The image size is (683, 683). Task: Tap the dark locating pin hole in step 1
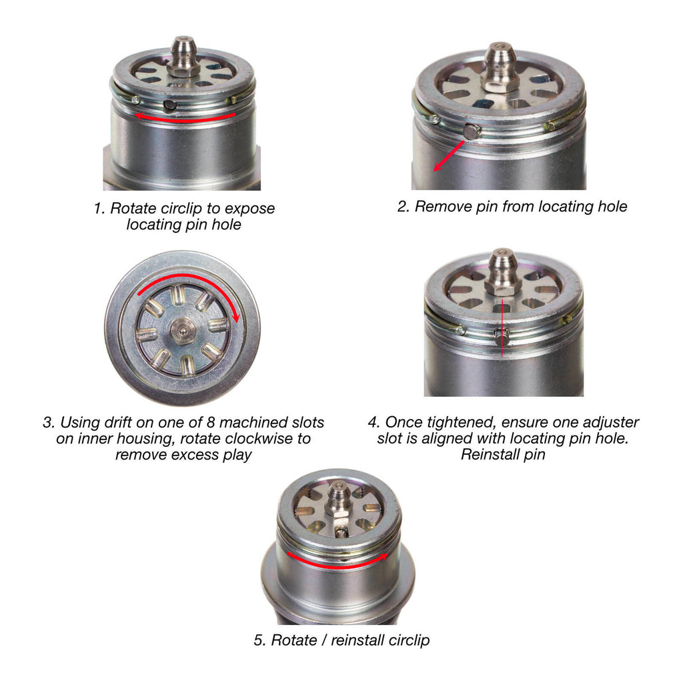(171, 105)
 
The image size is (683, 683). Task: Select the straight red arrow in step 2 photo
(448, 155)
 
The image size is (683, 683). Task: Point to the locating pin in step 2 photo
(472, 131)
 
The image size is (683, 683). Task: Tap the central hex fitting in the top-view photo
(182, 329)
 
